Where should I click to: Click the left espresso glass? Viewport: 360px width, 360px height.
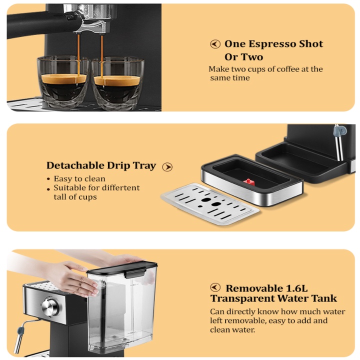(x=63, y=81)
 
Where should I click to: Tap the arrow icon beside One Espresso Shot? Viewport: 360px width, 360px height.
(x=215, y=44)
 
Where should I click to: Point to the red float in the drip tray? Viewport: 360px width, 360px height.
(x=249, y=182)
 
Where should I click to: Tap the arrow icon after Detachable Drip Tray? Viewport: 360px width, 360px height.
(x=167, y=167)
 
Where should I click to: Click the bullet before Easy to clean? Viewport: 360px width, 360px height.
(x=48, y=179)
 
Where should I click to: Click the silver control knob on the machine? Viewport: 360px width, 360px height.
(x=50, y=307)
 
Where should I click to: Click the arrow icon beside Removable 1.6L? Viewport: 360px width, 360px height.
(x=215, y=287)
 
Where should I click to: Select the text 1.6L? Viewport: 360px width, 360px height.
(x=296, y=288)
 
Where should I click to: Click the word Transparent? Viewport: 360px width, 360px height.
(x=242, y=299)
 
